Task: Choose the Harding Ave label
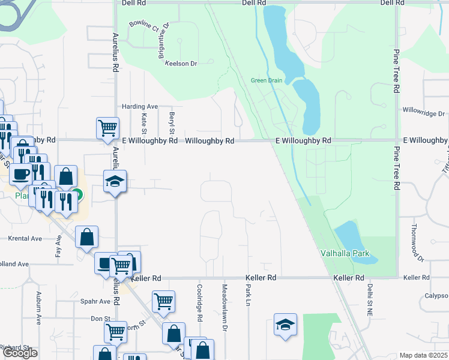pos(140,107)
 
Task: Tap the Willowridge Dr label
pos(424,113)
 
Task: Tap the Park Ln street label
pos(247,295)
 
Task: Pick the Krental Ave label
pos(25,238)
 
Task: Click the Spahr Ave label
pos(96,302)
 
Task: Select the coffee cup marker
pos(20,175)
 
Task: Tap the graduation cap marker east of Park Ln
pos(286,325)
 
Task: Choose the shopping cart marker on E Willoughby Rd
pos(107,127)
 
